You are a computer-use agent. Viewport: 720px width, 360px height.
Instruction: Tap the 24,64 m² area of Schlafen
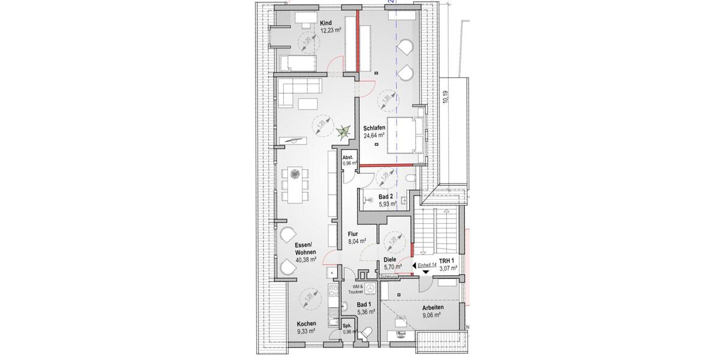pos(374,136)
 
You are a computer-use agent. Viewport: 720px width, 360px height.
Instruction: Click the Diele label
pos(390,260)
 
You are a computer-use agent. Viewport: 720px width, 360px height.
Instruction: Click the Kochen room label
pos(306,324)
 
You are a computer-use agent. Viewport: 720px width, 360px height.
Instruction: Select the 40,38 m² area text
pos(305,260)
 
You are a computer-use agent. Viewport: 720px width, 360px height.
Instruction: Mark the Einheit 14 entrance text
pos(428,265)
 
